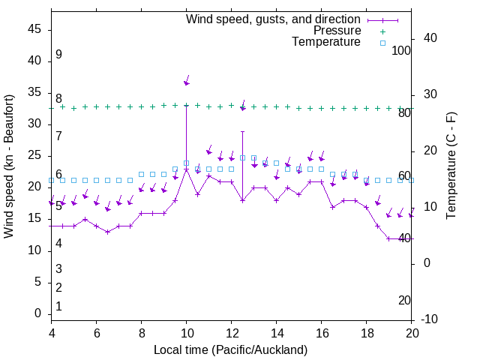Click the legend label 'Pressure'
click(337, 31)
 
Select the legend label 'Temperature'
click(326, 42)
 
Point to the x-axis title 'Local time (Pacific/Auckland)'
click(230, 349)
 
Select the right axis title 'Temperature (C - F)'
click(451, 166)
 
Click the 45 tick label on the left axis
click(34, 30)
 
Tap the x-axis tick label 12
click(231, 334)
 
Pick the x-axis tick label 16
click(321, 334)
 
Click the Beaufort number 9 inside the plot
click(58, 55)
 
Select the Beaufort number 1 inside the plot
click(58, 307)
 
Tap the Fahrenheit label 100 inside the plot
click(402, 51)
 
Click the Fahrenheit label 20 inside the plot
click(404, 301)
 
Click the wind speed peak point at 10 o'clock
click(186, 169)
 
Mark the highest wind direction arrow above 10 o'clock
click(187, 80)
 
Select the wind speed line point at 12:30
click(242, 200)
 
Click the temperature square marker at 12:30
click(242, 158)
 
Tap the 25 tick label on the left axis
click(34, 156)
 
